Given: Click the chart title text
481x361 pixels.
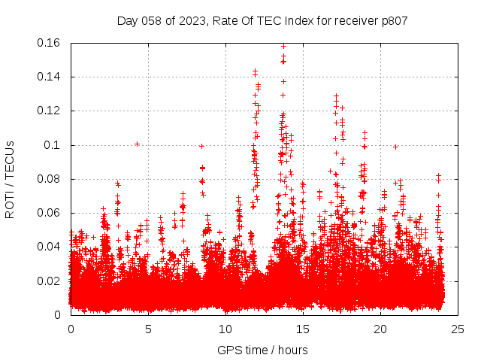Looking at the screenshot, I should [x=262, y=20].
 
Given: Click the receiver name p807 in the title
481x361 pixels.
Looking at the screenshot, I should [x=393, y=20].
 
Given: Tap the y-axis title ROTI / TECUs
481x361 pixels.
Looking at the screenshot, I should [x=10, y=179].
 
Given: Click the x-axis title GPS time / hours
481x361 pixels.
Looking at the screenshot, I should [x=262, y=350].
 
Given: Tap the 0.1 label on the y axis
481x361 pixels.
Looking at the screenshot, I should [x=55, y=144].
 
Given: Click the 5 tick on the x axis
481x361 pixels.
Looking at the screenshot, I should [x=148, y=329].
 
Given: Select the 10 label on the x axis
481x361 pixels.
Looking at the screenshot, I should [x=225, y=329].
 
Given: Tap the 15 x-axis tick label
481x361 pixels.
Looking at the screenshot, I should [x=303, y=329].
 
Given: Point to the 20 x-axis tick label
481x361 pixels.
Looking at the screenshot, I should [x=380, y=329].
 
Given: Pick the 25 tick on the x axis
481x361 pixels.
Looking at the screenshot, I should [x=458, y=329].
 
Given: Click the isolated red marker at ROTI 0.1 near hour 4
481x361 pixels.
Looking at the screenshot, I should [x=137, y=144].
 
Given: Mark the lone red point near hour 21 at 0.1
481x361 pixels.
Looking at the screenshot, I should [x=395, y=147].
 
